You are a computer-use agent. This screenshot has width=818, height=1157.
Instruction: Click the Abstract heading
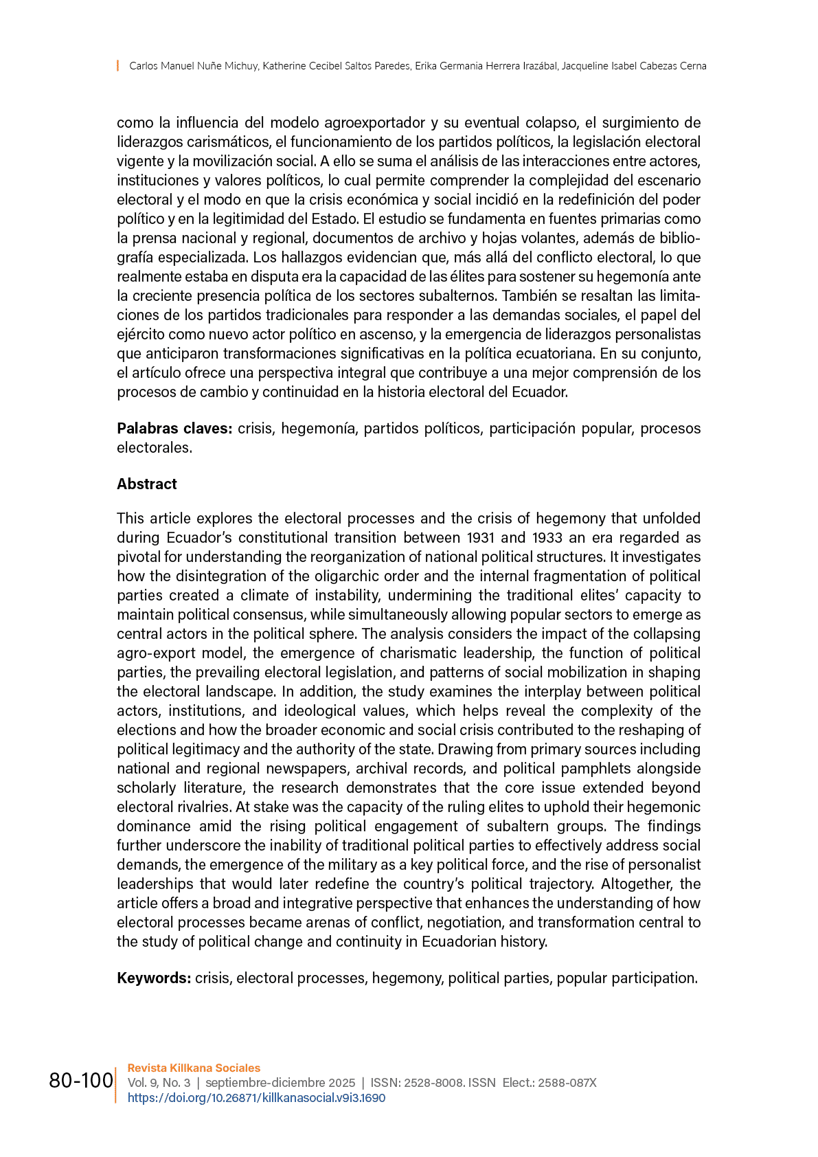146,484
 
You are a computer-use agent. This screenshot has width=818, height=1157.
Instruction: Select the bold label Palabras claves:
174,428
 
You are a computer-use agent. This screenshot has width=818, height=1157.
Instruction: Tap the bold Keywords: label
154,978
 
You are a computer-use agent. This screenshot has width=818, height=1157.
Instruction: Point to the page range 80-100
81,1081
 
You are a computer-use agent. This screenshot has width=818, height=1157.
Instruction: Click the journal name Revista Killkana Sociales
194,1068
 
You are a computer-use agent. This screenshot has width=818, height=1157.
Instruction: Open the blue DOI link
256,1098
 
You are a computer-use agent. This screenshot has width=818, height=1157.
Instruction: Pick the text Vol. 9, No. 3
159,1083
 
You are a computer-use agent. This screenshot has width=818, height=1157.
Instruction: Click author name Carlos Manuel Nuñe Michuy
194,66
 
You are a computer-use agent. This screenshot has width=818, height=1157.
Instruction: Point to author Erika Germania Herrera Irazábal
486,66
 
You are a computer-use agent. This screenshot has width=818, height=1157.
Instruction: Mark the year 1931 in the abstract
483,537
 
